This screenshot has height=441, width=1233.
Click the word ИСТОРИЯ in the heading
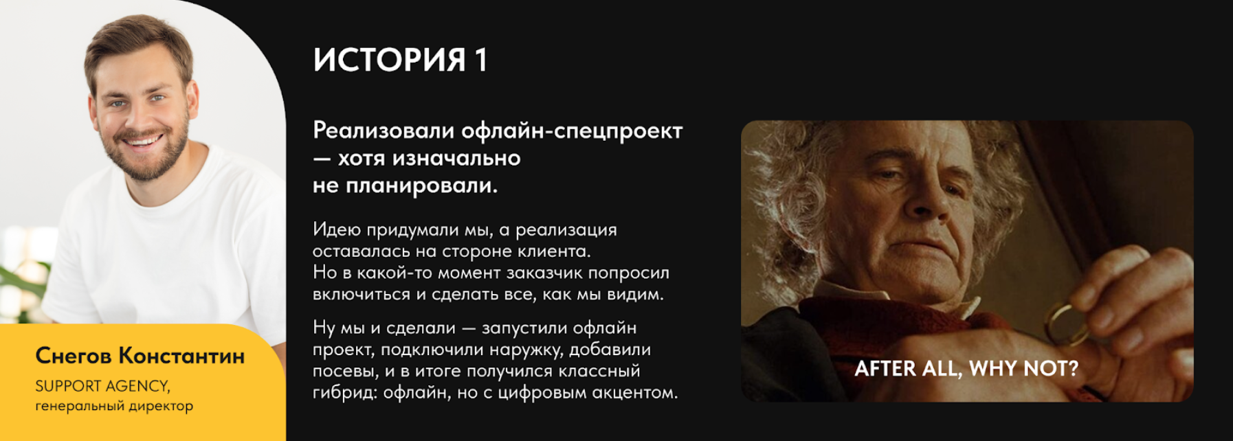pos(389,60)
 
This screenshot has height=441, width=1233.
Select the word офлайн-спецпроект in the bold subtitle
pos(572,131)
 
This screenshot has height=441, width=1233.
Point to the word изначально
pos(456,158)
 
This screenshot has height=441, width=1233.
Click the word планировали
pos(421,185)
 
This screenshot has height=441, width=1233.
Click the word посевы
pos(346,371)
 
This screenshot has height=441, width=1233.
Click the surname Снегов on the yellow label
pos(74,356)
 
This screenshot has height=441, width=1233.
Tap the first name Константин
pos(181,356)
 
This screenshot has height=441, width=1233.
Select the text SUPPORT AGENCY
pos(103,386)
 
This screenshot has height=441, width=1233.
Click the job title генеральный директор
pos(114,406)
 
